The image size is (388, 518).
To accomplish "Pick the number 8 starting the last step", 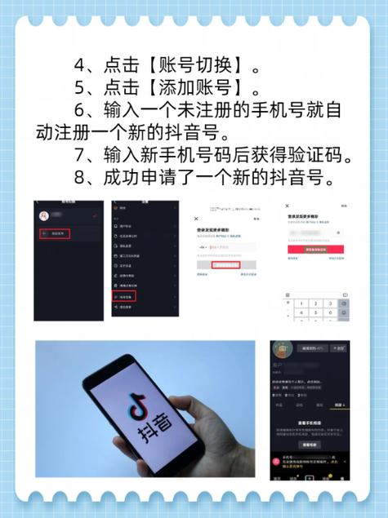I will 79,178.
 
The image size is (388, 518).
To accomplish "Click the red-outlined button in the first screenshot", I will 56,234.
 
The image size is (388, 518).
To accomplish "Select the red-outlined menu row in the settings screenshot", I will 124,297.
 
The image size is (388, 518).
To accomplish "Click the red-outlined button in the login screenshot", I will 225,264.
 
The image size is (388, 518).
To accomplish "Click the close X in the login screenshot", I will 196,220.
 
